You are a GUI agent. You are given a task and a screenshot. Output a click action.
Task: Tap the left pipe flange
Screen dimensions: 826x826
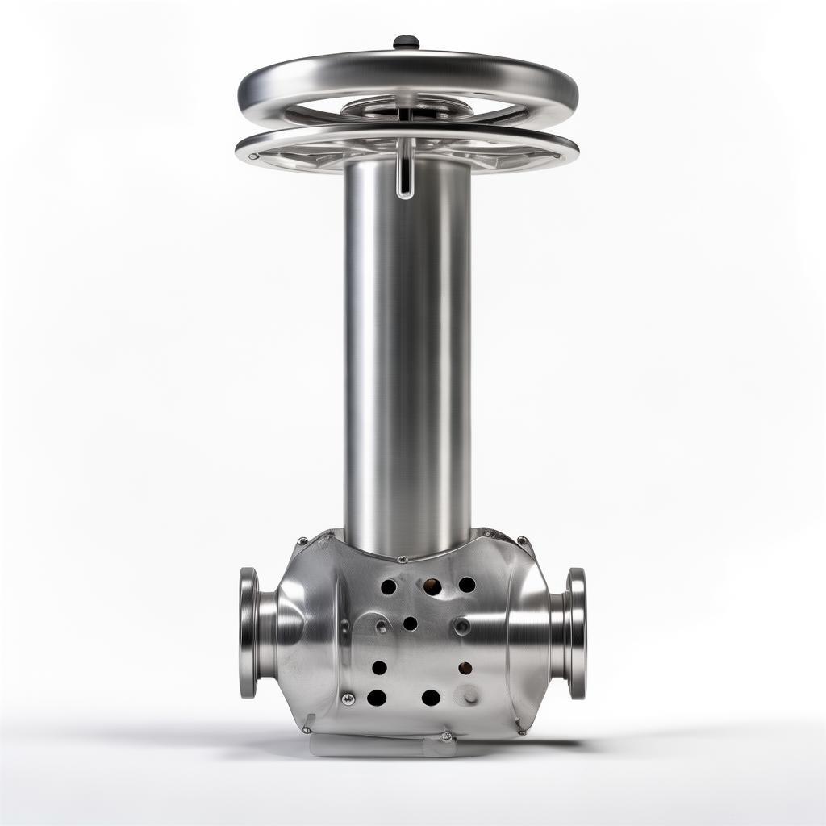pos(248,632)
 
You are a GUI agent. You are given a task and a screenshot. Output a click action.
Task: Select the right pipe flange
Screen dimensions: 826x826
pos(576,632)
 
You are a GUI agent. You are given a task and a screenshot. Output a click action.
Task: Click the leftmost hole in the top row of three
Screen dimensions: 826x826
pos(388,586)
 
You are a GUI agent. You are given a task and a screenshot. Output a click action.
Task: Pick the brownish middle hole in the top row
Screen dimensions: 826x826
pos(432,586)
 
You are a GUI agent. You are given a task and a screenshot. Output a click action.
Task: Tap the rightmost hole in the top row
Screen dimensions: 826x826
pos(467,584)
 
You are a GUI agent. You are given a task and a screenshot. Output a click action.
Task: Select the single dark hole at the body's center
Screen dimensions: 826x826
pos(410,623)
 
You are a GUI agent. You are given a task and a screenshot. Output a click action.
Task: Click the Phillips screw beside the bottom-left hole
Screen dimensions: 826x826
pos(348,699)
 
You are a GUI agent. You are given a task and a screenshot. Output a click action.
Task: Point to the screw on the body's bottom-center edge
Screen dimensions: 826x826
pos(445,736)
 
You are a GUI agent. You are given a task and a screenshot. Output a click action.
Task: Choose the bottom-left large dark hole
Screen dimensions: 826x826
pos(377,698)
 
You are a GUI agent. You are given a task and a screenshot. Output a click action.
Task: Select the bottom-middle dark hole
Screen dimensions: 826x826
pos(431,697)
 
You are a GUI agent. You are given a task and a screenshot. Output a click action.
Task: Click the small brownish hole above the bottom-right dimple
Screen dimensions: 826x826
pos(465,668)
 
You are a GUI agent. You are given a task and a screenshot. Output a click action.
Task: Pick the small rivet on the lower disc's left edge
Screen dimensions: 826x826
pos(253,156)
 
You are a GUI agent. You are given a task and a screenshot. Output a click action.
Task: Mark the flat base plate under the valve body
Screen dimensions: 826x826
pos(379,746)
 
